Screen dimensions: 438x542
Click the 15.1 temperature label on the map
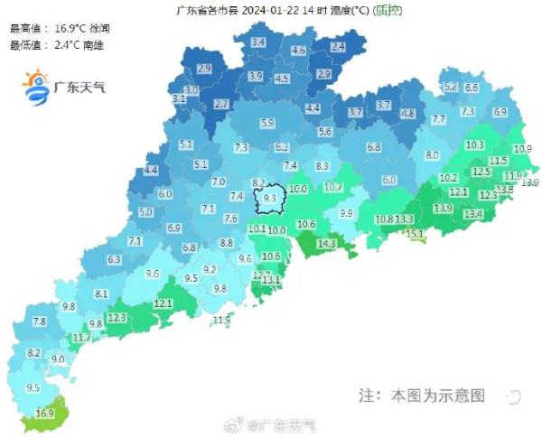(x=415, y=234)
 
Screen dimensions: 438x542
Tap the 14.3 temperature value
(x=326, y=244)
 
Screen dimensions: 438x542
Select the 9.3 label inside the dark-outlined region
(x=269, y=197)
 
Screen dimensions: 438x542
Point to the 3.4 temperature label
(x=258, y=42)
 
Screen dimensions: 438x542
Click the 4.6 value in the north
(x=299, y=51)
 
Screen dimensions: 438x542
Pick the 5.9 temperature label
(x=266, y=123)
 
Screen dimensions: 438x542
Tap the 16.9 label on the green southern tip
(x=45, y=414)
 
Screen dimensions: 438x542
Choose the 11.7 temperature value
(x=81, y=338)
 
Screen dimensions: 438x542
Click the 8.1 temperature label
(x=101, y=294)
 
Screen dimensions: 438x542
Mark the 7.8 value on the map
(x=40, y=322)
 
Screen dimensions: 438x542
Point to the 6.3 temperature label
(x=114, y=260)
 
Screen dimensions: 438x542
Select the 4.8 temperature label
(x=407, y=114)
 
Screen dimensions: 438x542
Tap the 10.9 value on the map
(x=522, y=149)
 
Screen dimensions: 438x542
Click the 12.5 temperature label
(x=481, y=172)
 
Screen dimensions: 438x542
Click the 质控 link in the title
(x=387, y=11)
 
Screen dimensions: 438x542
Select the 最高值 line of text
(x=54, y=28)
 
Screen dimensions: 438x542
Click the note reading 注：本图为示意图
(x=422, y=396)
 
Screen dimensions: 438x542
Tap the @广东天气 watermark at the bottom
(x=271, y=425)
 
